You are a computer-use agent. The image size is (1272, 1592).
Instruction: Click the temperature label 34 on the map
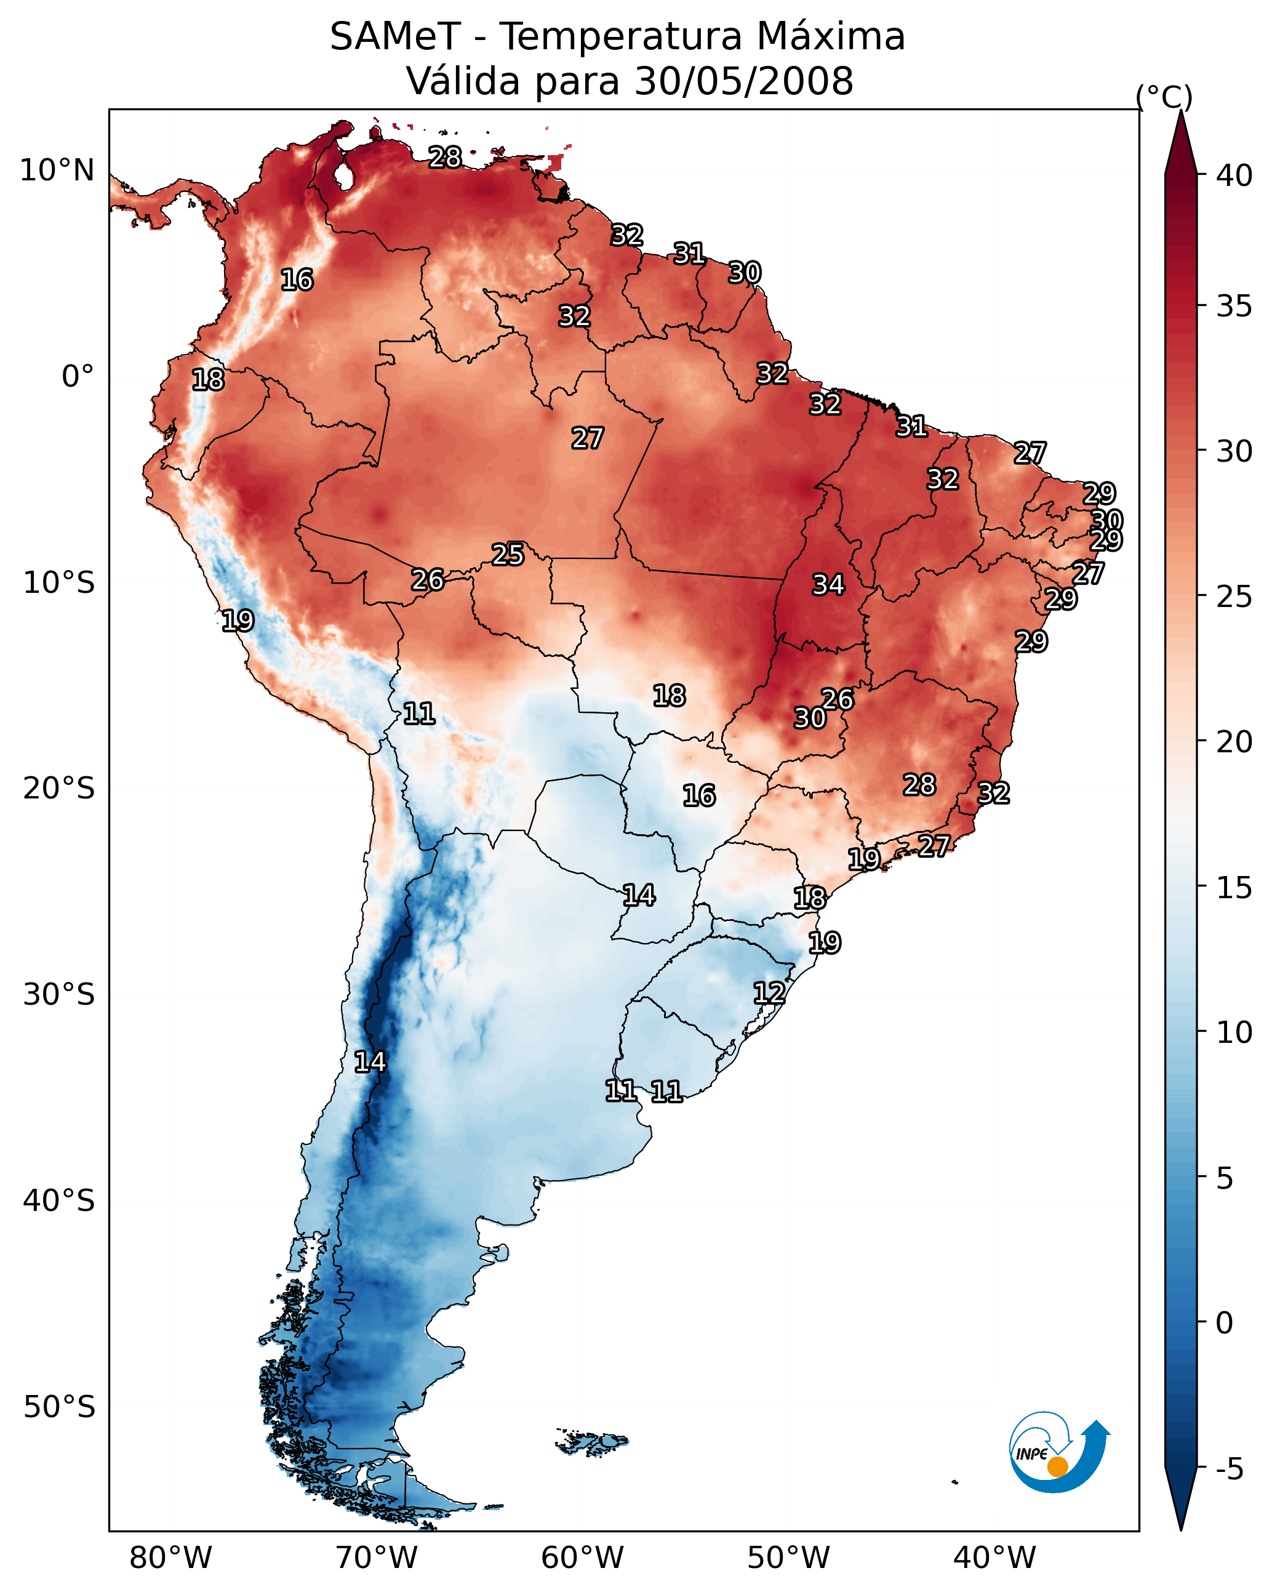(x=828, y=585)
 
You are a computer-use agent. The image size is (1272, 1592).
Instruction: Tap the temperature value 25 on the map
(x=508, y=555)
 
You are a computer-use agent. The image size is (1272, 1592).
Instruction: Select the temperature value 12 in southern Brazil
(x=769, y=993)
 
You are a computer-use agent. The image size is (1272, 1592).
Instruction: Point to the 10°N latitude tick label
(x=57, y=171)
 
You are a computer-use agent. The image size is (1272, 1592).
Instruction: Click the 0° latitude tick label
(x=78, y=377)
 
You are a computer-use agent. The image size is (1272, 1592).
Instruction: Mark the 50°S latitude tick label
(x=59, y=1407)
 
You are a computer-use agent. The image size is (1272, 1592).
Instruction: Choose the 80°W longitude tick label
(x=170, y=1558)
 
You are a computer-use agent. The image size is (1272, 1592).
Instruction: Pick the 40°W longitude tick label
(x=994, y=1558)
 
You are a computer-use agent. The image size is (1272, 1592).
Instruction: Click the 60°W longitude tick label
(x=583, y=1558)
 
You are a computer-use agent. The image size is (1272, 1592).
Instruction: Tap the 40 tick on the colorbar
(x=1234, y=175)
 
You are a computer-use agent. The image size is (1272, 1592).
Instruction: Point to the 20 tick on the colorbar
(x=1234, y=741)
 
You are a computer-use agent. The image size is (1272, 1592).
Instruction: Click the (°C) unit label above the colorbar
(x=1164, y=97)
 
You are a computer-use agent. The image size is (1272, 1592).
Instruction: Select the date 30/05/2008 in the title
(x=743, y=81)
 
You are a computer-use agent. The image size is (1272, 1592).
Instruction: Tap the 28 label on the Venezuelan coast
(x=445, y=157)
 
